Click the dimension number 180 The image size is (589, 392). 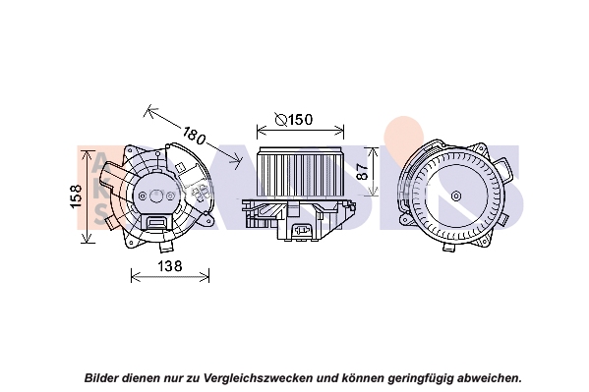pos(195,136)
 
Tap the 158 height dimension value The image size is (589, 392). pos(77,196)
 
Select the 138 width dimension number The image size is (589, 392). pos(169,266)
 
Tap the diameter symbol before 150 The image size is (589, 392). pos(281,120)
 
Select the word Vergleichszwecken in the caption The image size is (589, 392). pos(258,377)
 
